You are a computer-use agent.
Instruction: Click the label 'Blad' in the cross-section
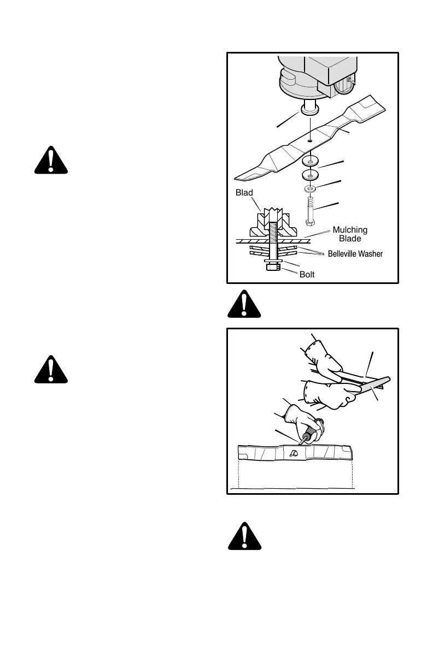(x=245, y=193)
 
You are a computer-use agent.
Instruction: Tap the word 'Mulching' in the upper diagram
(x=349, y=230)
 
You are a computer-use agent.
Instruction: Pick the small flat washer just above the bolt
(x=310, y=189)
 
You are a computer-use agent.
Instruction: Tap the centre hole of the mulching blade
(x=309, y=140)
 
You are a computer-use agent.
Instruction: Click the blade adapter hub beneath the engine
(x=310, y=109)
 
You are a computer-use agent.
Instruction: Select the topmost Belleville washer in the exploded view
(x=311, y=162)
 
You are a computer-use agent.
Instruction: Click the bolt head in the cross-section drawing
(x=274, y=267)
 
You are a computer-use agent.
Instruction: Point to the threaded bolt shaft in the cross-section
(x=274, y=229)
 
